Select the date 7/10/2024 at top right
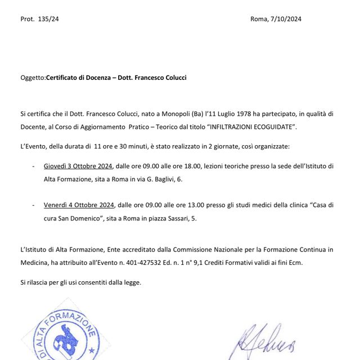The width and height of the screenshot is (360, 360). click(x=284, y=19)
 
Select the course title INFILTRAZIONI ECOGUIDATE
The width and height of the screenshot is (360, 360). click(x=251, y=128)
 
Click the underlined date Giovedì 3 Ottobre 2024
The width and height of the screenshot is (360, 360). click(x=79, y=166)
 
